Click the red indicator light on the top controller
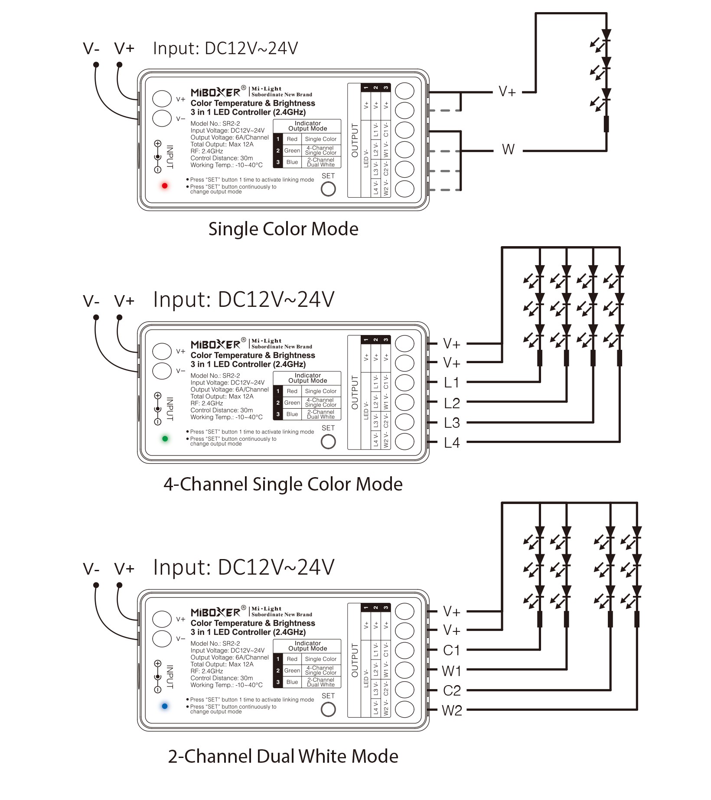coord(165,186)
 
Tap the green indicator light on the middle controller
coord(165,439)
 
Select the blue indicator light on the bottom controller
coord(165,706)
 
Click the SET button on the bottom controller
coord(328,709)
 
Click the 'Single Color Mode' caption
coord(283,229)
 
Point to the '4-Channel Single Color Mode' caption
coord(283,484)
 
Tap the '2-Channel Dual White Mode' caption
coord(283,756)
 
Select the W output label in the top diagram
coord(508,150)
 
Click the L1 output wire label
coord(451,383)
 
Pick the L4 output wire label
coord(451,443)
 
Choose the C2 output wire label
coord(452,690)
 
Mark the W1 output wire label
coord(451,671)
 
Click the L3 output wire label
coord(451,423)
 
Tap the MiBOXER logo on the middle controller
coord(215,345)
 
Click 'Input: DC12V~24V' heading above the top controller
coord(225,49)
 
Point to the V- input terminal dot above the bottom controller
coord(96,585)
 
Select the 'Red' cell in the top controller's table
coord(292,139)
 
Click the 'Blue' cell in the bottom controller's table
coord(292,682)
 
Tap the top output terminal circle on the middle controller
coord(404,344)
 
